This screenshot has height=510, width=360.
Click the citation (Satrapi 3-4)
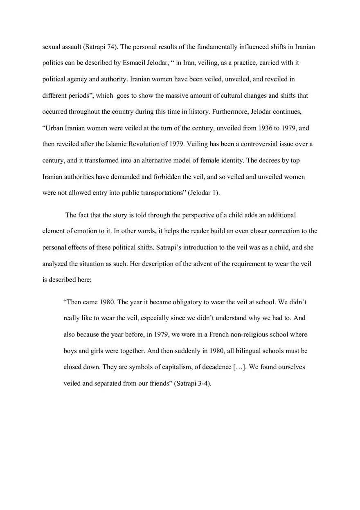pyautogui.click(x=193, y=384)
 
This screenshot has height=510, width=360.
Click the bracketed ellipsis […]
pyautogui.click(x=239, y=367)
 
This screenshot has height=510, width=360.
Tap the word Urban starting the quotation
pyautogui.click(x=53, y=128)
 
